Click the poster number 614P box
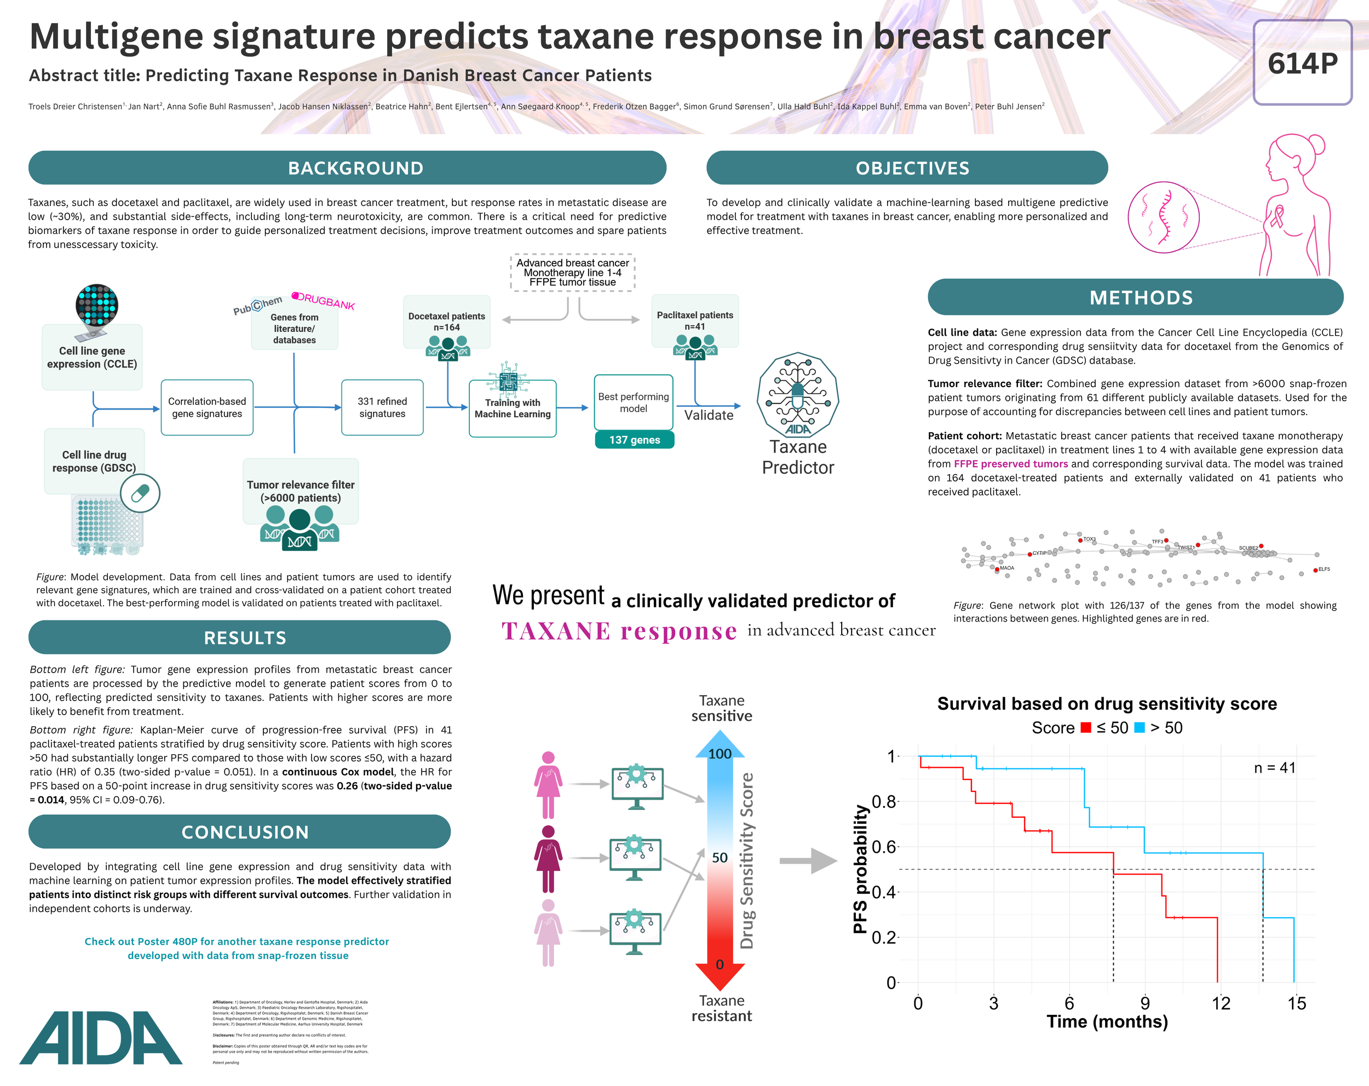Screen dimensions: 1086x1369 (1302, 62)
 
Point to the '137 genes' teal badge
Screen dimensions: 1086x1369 (634, 439)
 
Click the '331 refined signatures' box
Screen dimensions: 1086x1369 (382, 407)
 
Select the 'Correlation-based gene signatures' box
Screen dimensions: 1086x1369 (207, 407)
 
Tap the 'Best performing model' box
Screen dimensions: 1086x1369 (633, 402)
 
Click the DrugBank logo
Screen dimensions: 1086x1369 (323, 301)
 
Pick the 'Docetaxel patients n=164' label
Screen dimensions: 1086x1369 (446, 321)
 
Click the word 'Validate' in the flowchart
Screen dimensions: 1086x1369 (709, 415)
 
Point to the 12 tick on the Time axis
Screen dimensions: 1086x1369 (1221, 1003)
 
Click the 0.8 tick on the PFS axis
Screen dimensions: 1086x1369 (884, 801)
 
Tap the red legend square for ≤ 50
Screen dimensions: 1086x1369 (1086, 728)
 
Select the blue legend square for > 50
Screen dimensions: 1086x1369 (1140, 728)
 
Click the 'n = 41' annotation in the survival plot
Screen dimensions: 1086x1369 (1274, 768)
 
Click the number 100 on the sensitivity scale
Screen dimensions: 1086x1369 (720, 754)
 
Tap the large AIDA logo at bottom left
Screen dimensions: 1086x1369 (101, 1038)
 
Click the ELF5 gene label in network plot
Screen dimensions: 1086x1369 (1324, 569)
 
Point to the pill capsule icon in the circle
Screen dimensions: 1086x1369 (140, 493)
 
